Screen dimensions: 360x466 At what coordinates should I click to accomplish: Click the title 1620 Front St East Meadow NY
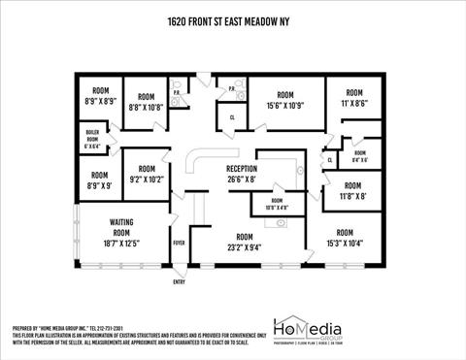coord(232,20)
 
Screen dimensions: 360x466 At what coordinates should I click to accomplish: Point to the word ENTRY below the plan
coord(179,281)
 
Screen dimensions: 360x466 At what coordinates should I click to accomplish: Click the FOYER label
coord(179,243)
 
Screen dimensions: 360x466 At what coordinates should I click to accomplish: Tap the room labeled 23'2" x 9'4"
coord(245,242)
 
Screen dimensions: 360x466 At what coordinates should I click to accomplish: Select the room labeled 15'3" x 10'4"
coord(344,238)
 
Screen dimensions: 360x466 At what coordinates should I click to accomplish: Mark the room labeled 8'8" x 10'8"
coord(146,102)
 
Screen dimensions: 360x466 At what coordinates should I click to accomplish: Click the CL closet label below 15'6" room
coord(233,118)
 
